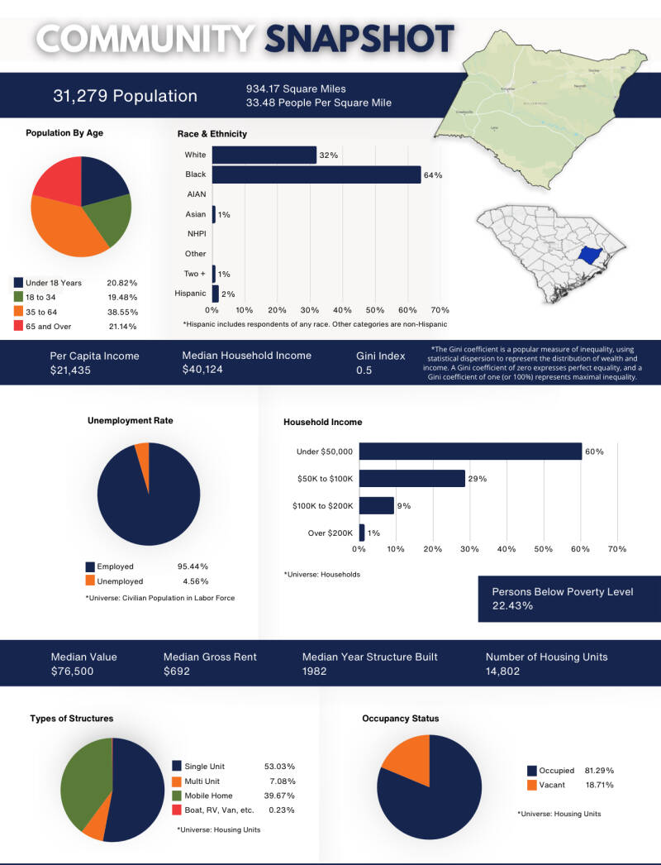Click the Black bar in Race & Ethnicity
[316, 175]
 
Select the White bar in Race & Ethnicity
[264, 155]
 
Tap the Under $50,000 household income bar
[470, 452]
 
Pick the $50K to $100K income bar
[411, 479]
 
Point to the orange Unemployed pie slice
[142, 454]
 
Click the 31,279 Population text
[125, 96]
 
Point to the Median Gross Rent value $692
[177, 671]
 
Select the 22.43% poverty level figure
[512, 605]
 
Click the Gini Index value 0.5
[364, 370]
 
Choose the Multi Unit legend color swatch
[177, 781]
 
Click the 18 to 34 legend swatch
[18, 297]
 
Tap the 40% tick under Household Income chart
[506, 549]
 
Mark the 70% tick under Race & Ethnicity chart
[440, 309]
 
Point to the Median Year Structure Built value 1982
[314, 671]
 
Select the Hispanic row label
[190, 294]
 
